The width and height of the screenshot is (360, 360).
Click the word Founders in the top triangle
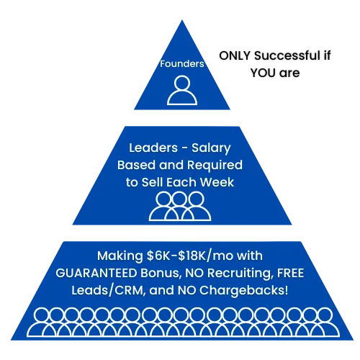182,64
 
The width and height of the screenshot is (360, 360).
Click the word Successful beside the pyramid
287,55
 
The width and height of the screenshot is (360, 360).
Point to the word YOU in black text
263,73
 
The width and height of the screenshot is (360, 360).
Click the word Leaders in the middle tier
153,148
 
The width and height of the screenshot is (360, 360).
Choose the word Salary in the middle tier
211,148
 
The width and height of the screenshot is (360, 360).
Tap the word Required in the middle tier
215,166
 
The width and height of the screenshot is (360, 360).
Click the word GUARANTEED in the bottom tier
96,273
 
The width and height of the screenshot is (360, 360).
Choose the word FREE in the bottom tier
291,273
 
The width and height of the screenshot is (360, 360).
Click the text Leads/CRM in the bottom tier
109,290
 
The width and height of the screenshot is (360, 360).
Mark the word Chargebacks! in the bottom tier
243,291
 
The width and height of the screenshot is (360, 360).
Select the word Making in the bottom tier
120,256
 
